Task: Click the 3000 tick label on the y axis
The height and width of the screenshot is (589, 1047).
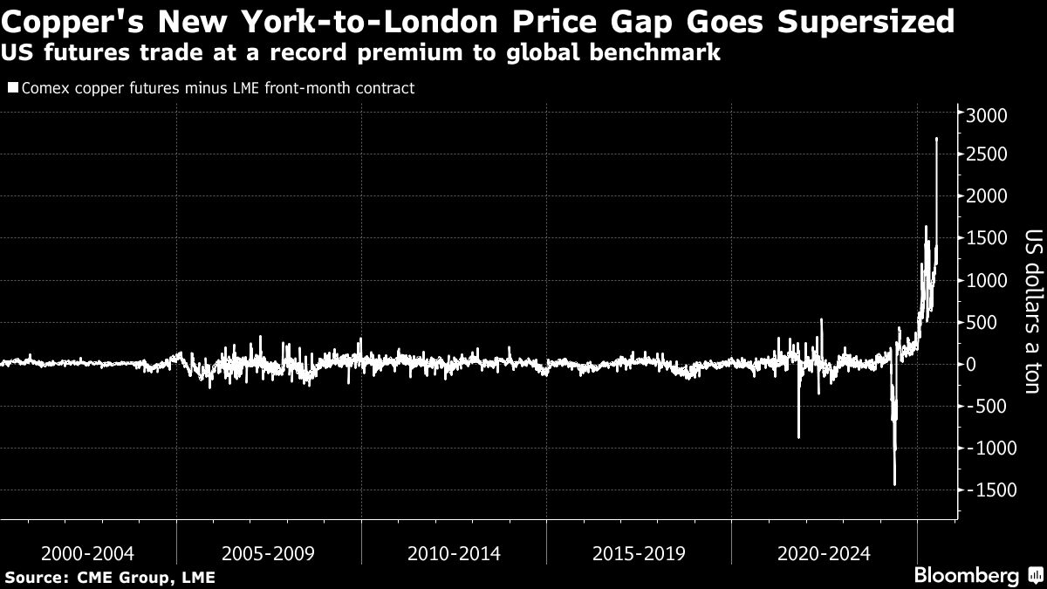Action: (x=987, y=116)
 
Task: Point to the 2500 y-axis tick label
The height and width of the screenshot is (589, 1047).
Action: (x=987, y=155)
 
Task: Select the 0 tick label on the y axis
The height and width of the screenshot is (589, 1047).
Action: (x=969, y=365)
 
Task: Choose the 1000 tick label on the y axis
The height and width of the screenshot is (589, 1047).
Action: (x=987, y=281)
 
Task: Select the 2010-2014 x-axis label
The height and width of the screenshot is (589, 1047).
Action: (x=454, y=553)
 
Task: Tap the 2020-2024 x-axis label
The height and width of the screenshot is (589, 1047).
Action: (x=824, y=553)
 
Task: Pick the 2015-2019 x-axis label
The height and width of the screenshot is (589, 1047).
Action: (x=639, y=553)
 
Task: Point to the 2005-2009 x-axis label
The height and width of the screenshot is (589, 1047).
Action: (x=268, y=553)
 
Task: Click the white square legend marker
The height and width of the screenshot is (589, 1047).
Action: (x=12, y=87)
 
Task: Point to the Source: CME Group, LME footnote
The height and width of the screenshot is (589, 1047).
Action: (x=110, y=578)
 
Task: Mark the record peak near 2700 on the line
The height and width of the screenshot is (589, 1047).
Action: (x=936, y=139)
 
